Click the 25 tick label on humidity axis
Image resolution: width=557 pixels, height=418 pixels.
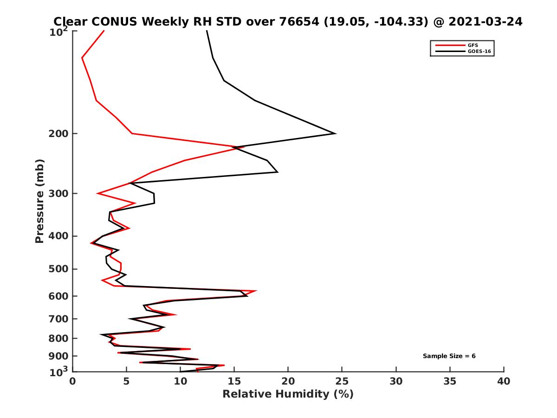(x=342, y=381)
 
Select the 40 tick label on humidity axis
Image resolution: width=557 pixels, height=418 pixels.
(x=504, y=381)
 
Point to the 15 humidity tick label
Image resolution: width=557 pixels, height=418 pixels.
(x=234, y=381)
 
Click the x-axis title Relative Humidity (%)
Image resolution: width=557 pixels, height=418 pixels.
(x=288, y=394)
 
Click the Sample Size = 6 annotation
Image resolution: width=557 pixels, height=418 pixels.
(x=449, y=356)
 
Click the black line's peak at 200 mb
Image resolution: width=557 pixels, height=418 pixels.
(x=335, y=134)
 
